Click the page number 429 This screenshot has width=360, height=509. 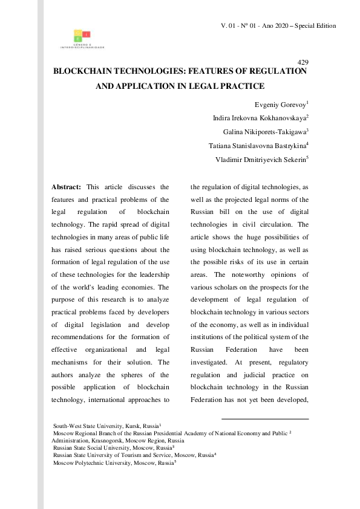[304, 63]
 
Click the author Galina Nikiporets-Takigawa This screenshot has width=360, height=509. [266, 132]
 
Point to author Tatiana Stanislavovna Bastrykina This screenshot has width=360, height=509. [258, 146]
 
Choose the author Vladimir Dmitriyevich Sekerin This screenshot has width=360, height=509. [261, 160]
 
